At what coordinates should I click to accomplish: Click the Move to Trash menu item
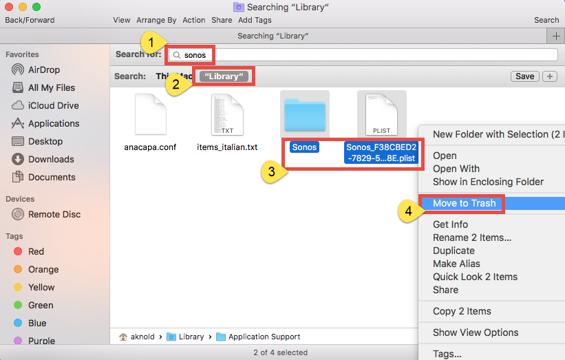464,203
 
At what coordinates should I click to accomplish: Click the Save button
524,76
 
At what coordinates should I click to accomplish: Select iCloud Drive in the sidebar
53,105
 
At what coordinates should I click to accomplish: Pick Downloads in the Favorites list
51,159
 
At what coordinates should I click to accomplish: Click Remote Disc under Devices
54,214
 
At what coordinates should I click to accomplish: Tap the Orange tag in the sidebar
43,269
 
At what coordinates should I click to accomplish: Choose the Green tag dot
18,305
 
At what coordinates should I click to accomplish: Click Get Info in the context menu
450,224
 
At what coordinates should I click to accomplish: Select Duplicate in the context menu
454,251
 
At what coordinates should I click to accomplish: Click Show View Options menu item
476,332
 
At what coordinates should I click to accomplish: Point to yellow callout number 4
409,212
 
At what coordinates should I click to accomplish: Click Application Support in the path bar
264,337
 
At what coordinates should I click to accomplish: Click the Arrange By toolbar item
156,20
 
